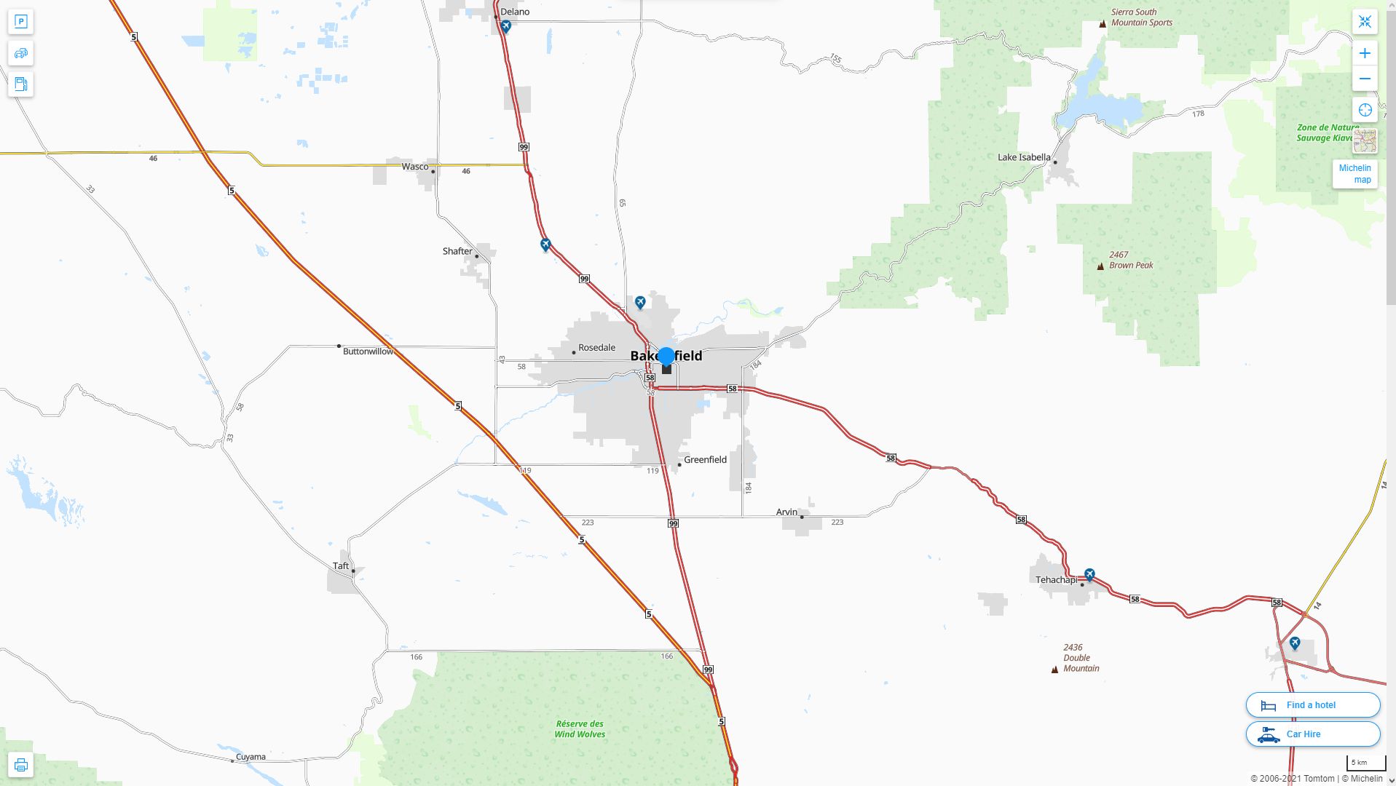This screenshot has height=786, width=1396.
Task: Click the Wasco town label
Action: point(415,167)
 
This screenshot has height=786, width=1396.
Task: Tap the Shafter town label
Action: point(457,251)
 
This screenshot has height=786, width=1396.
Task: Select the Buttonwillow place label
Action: point(368,352)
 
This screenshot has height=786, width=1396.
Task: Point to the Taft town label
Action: point(341,565)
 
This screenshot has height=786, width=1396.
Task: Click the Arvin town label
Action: point(786,512)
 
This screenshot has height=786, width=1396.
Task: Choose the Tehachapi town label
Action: point(1056,580)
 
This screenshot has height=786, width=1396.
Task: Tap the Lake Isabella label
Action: point(1024,157)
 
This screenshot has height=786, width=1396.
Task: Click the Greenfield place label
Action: point(705,459)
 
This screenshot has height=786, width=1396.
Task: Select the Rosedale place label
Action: point(596,347)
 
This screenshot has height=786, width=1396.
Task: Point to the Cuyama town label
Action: point(251,756)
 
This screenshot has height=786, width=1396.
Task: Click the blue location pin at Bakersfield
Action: point(666,357)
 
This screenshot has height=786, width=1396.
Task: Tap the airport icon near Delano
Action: point(506,27)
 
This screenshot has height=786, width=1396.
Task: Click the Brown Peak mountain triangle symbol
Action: point(1100,266)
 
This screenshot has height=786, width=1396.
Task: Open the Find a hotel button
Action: point(1312,704)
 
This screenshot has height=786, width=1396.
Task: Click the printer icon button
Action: point(20,765)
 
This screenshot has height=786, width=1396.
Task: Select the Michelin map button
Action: point(1354,174)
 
